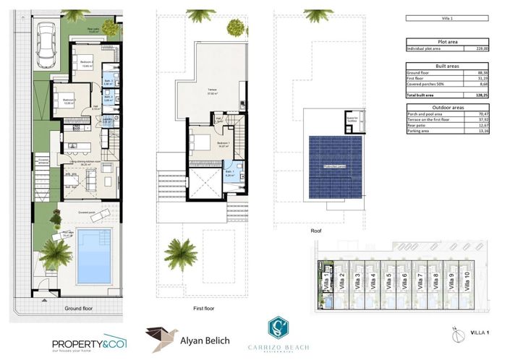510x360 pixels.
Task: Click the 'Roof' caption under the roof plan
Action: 315,231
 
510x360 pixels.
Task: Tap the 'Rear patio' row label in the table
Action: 420,125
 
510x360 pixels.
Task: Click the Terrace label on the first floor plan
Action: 211,91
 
